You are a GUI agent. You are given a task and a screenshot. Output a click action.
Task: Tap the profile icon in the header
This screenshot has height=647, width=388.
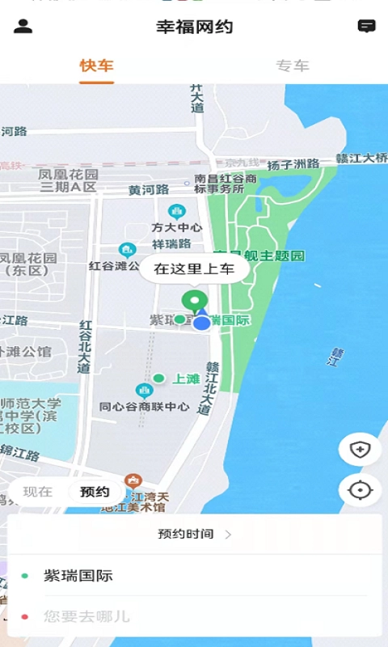pyautogui.click(x=23, y=26)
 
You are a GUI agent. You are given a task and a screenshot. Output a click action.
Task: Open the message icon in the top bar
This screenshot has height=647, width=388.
pyautogui.click(x=366, y=26)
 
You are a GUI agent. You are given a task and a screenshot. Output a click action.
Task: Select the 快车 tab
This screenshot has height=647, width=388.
pyautogui.click(x=96, y=66)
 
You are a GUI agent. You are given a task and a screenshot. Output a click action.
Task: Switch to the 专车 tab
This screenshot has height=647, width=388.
pyautogui.click(x=292, y=66)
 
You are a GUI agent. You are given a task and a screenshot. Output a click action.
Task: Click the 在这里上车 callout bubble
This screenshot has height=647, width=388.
pyautogui.click(x=194, y=269)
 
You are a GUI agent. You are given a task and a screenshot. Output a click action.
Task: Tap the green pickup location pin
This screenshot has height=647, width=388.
pyautogui.click(x=194, y=302)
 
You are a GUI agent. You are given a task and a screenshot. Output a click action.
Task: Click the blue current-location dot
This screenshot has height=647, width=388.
pyautogui.click(x=202, y=323)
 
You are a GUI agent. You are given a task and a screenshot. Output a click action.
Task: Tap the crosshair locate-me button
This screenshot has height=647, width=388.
pyautogui.click(x=360, y=490)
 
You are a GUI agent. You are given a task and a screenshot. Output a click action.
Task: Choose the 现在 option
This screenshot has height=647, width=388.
pyautogui.click(x=38, y=492)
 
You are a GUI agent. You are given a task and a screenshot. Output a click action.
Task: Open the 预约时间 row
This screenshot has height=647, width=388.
pyautogui.click(x=194, y=534)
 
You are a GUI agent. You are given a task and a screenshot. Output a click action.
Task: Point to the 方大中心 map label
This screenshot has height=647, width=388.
pyautogui.click(x=176, y=227)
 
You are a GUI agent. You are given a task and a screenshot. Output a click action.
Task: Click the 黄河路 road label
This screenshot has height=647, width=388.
pyautogui.click(x=149, y=190)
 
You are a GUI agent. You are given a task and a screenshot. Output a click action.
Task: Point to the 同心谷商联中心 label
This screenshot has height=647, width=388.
pyautogui.click(x=144, y=406)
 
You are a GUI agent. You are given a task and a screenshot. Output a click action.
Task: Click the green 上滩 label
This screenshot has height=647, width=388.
pyautogui.click(x=186, y=378)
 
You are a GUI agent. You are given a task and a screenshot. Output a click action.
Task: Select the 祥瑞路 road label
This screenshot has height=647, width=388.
pyautogui.click(x=171, y=243)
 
